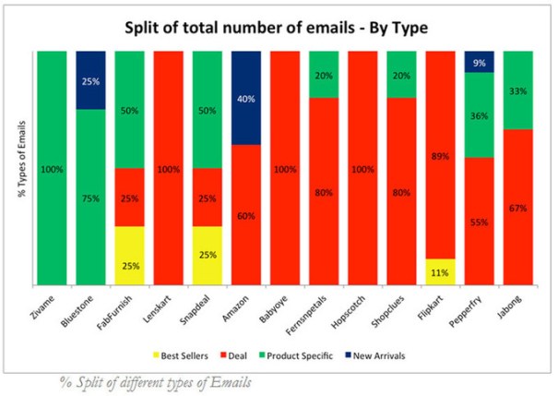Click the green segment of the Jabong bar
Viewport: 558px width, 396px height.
pos(518,90)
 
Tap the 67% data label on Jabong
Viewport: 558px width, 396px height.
pos(518,208)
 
